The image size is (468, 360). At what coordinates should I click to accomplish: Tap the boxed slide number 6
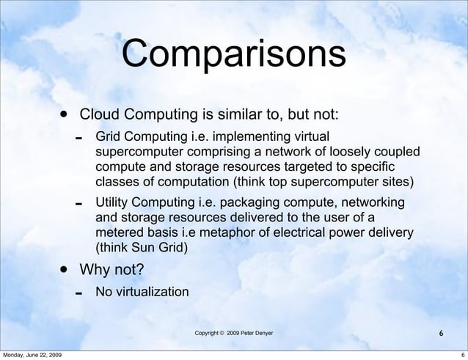point(440,334)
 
